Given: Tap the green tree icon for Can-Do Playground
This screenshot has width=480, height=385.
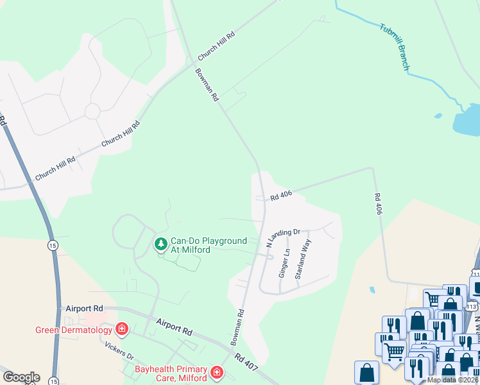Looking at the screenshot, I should click(x=160, y=244).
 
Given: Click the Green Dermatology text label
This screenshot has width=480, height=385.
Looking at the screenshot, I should click(x=73, y=330).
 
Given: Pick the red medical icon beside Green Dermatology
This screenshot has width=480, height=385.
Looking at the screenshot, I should click(x=121, y=330).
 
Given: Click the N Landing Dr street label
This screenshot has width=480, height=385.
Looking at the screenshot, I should click(x=283, y=237).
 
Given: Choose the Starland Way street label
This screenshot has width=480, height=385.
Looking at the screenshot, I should click(x=303, y=259).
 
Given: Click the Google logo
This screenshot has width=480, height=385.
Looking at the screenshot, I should click(x=21, y=377).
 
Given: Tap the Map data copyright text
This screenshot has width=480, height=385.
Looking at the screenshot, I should click(x=452, y=380).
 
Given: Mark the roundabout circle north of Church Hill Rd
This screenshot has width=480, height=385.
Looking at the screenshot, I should click(x=92, y=111).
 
